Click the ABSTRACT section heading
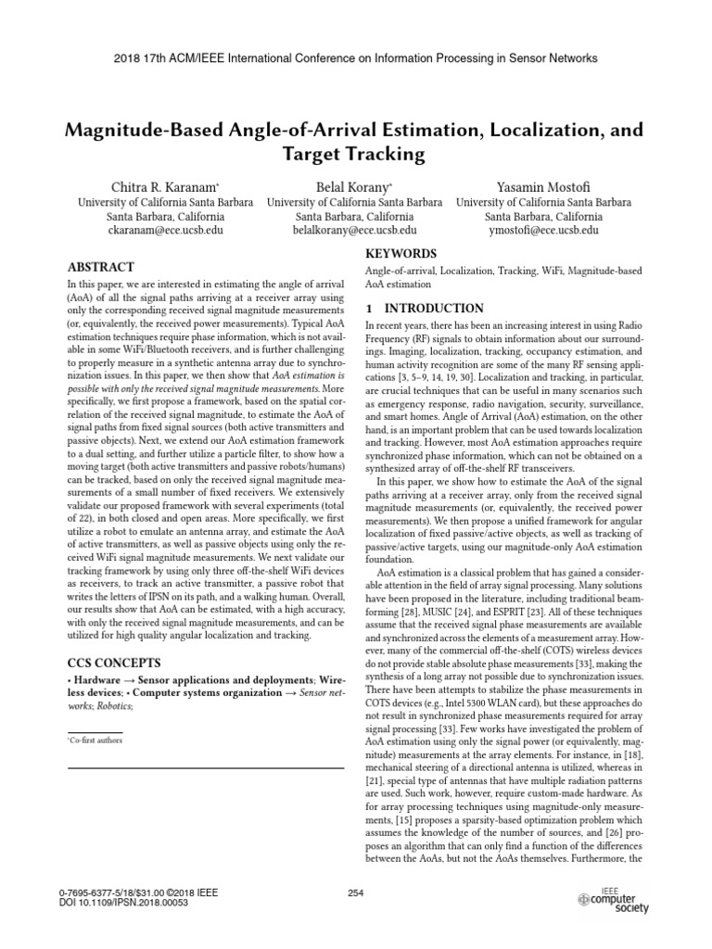(x=101, y=267)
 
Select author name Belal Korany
(x=355, y=186)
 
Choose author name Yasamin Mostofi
(x=544, y=186)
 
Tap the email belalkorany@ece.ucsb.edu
(x=355, y=230)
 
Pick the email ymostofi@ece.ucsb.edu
(x=544, y=230)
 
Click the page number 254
(x=355, y=892)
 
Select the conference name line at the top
(x=356, y=57)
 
